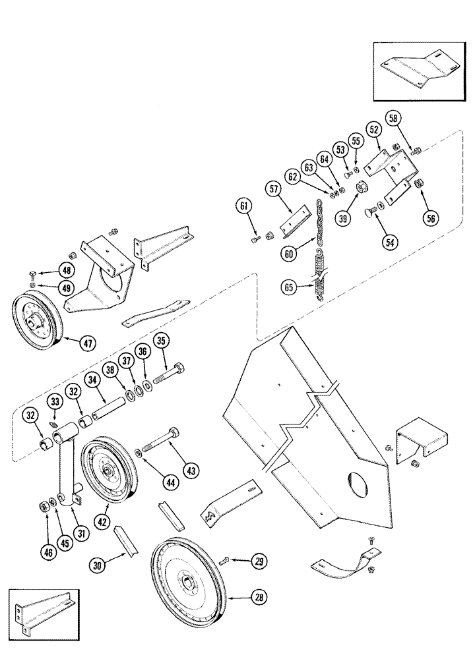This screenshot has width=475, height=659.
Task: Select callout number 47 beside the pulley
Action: tap(87, 342)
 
